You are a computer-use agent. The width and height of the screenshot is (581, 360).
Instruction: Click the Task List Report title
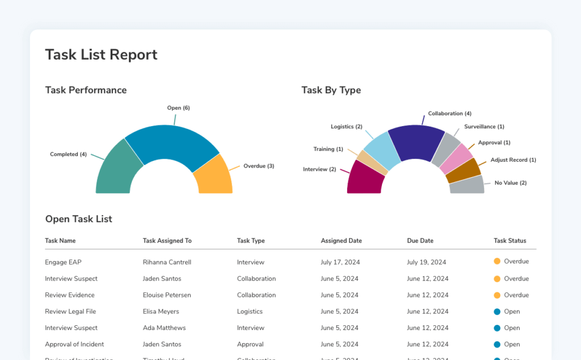[x=101, y=55]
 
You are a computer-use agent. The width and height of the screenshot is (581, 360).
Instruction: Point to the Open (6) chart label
[x=178, y=108]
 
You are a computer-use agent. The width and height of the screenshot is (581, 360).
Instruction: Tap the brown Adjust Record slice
[x=463, y=171]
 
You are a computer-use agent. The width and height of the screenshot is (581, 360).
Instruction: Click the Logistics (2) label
[x=346, y=127]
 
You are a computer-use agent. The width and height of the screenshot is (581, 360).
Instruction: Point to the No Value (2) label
[x=510, y=183]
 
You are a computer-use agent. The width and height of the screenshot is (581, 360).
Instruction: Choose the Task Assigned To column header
[x=167, y=241]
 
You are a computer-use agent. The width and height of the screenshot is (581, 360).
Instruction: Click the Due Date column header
[x=420, y=241]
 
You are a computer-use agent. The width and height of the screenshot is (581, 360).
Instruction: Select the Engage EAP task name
[x=63, y=262]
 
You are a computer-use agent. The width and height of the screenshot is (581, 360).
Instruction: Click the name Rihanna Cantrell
[x=167, y=262]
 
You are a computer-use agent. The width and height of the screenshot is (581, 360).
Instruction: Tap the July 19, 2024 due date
[x=426, y=262]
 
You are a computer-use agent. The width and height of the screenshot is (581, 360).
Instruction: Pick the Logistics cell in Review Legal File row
[x=250, y=311]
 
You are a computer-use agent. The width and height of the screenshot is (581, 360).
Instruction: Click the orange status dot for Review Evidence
[x=497, y=295]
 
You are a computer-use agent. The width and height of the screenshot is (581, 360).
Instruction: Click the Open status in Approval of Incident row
[x=512, y=344]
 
